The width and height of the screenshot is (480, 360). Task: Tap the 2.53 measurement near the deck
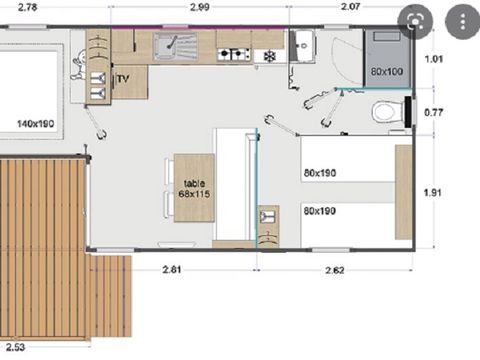[14, 348]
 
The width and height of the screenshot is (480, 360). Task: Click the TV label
[123, 78]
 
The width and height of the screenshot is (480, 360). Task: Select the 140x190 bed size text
[35, 125]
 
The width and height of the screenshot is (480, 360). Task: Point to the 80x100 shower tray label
[387, 73]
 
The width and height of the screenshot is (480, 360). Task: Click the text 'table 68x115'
[192, 186]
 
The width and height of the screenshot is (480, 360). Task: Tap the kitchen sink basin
[172, 45]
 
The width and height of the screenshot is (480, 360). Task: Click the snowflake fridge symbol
[268, 55]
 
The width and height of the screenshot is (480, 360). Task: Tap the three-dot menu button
[458, 20]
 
